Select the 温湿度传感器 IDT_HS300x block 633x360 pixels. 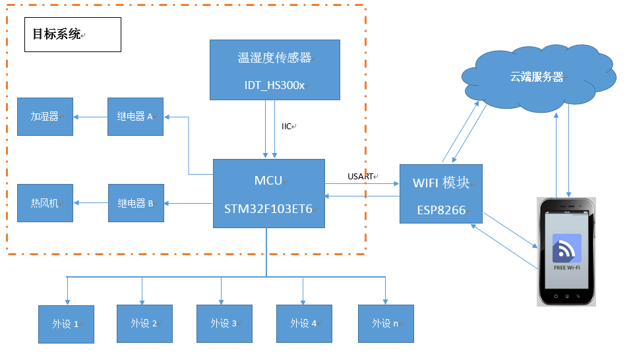coord(274,70)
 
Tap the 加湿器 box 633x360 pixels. coord(45,117)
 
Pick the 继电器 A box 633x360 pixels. coord(135,117)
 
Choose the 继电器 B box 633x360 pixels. coord(135,203)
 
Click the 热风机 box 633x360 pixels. coord(45,203)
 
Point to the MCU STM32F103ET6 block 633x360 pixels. coord(269,193)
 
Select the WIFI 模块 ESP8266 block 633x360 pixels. coord(441,194)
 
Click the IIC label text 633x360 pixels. coord(287,126)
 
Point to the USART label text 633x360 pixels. coord(360,176)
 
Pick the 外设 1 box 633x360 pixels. coord(67,324)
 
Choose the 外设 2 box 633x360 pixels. coord(144,324)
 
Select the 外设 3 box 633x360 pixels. coord(224,324)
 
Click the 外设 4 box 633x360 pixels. coord(304,324)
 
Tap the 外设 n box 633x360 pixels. coord(386,324)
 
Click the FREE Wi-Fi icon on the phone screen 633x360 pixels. coord(567,251)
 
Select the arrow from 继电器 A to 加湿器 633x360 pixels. coord(90,117)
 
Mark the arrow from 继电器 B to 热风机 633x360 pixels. coord(91,203)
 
